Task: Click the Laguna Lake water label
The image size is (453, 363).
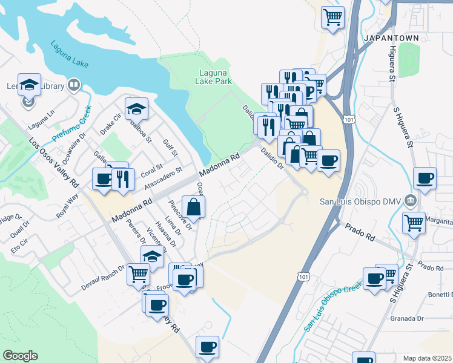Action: (65, 53)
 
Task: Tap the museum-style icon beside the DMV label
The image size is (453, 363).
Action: (411, 200)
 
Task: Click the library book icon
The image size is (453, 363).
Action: (74, 85)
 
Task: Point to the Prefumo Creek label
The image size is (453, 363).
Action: (71, 124)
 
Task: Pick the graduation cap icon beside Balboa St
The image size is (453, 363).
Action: (136, 109)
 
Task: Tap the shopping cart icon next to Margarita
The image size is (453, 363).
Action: (414, 222)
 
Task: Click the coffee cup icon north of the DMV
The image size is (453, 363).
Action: (425, 178)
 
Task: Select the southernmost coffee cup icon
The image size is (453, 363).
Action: (207, 347)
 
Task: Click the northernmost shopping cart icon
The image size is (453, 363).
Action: (332, 16)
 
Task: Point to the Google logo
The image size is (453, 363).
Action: (20, 356)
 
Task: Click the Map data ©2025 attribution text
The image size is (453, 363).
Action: (428, 358)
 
